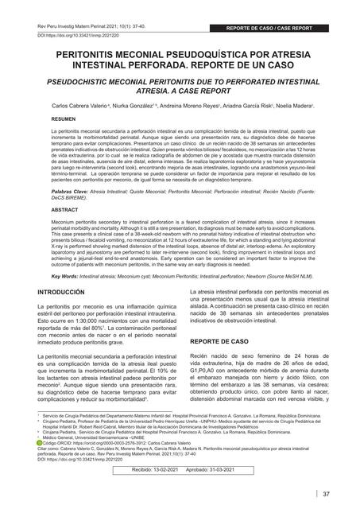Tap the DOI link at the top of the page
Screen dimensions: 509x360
point(74,36)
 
